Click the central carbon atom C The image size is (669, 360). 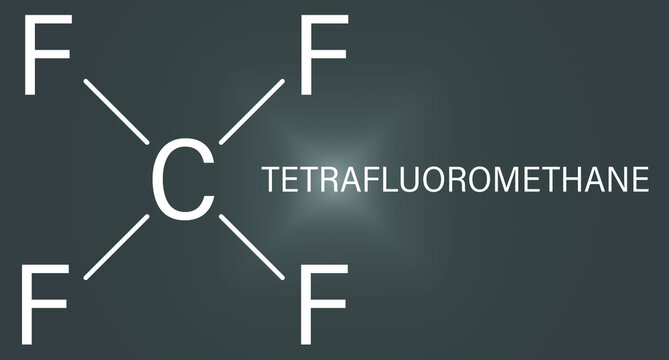[x=181, y=179]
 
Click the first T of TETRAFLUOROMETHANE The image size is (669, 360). [x=271, y=181]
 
